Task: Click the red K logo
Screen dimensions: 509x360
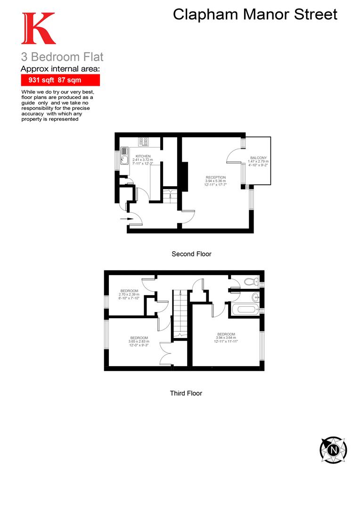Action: coord(38,29)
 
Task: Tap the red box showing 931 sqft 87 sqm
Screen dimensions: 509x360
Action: coord(60,80)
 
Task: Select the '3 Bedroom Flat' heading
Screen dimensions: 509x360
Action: coord(62,57)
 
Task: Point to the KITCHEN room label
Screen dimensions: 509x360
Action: coord(143,156)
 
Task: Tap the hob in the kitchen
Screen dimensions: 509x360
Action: coord(144,141)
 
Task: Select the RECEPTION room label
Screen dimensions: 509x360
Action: coord(215,177)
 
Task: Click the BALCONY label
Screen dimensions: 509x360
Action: coord(258,158)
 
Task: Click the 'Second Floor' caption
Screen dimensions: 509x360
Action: coord(191,254)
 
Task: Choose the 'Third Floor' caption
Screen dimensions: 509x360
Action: coord(186,393)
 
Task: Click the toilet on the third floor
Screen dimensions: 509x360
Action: coord(249,282)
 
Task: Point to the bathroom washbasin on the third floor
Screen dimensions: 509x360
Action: coord(256,297)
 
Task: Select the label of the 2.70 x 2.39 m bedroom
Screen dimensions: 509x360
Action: coord(129,290)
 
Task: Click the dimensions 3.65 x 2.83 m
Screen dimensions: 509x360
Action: coord(139,342)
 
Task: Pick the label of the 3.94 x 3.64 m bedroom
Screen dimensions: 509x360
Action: coord(226,334)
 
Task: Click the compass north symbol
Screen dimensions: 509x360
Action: coord(334,450)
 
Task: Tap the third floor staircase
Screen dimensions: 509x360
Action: coord(180,313)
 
